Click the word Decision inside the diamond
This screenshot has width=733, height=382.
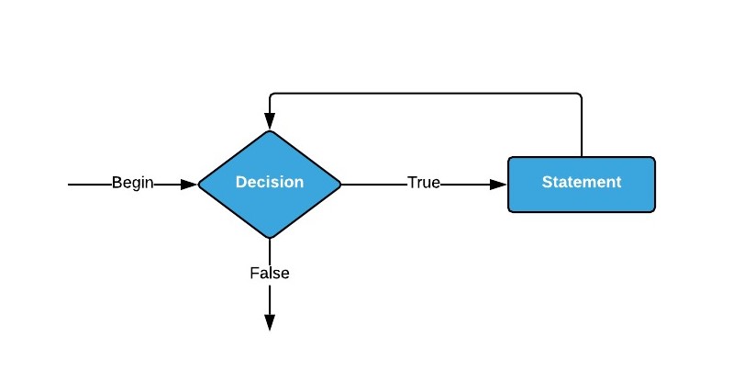pyautogui.click(x=270, y=182)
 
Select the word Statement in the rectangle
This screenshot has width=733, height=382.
pyautogui.click(x=582, y=182)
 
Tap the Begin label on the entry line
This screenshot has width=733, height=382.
pyautogui.click(x=133, y=183)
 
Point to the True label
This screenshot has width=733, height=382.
pyautogui.click(x=424, y=182)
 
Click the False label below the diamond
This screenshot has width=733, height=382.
pyautogui.click(x=270, y=273)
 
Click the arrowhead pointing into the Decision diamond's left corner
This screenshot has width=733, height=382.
pyautogui.click(x=189, y=185)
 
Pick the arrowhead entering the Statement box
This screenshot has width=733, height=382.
pyautogui.click(x=498, y=185)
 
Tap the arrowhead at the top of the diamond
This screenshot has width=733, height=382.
pyautogui.click(x=270, y=121)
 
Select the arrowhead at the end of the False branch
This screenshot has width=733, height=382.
pyautogui.click(x=270, y=322)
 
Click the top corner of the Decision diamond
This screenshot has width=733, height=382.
pyautogui.click(x=270, y=130)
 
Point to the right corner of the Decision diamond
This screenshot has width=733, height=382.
pyautogui.click(x=340, y=185)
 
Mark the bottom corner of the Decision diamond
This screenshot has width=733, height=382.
pyautogui.click(x=270, y=238)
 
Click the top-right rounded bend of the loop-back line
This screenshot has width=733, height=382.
pyautogui.click(x=580, y=95)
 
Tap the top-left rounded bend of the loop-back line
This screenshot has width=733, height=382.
pyautogui.click(x=272, y=95)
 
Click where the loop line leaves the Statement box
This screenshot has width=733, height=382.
pyautogui.click(x=582, y=157)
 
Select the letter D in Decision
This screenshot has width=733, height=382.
pyautogui.click(x=240, y=182)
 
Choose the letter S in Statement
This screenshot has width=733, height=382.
pyautogui.click(x=547, y=182)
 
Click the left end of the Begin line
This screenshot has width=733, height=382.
pyautogui.click(x=68, y=185)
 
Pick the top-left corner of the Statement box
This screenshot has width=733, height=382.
pyautogui.click(x=509, y=158)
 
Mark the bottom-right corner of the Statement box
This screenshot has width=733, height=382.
pyautogui.click(x=653, y=210)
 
